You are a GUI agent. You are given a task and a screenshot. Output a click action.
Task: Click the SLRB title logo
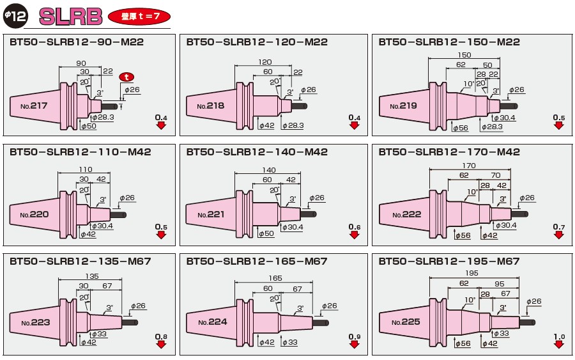[x=70, y=16]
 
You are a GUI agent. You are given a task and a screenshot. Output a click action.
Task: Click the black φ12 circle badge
[x=15, y=16]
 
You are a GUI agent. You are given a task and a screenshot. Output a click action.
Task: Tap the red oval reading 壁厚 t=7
[x=139, y=16]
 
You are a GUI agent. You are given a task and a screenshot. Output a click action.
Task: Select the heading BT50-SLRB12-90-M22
[x=77, y=42]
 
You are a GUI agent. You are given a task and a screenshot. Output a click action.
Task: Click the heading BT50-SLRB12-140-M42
[x=257, y=152]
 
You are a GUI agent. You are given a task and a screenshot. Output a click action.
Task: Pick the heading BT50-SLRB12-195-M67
[x=449, y=262]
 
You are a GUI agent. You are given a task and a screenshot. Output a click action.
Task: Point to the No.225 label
[x=405, y=322]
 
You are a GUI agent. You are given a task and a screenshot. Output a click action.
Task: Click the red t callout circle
[x=126, y=76]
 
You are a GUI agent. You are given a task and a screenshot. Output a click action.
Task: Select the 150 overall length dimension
[x=464, y=56]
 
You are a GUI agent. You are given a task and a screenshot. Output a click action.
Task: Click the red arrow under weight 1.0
[x=559, y=345]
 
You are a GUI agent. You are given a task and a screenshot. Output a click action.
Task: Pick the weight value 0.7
[x=559, y=227]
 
